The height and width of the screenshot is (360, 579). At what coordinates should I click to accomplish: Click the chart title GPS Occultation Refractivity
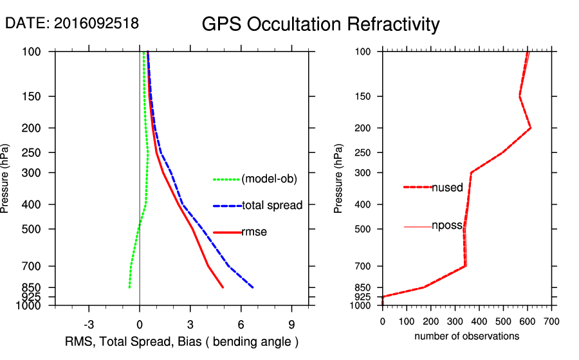click(x=320, y=24)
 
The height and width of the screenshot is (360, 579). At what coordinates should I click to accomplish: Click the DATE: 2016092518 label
click(x=72, y=23)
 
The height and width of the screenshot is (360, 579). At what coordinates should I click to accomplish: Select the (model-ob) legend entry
click(x=269, y=179)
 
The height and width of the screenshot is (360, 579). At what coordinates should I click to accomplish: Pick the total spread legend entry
click(x=272, y=206)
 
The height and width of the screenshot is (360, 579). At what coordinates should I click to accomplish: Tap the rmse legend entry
click(x=253, y=232)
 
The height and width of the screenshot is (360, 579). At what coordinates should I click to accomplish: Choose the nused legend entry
click(x=447, y=188)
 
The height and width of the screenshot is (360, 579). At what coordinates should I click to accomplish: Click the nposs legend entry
click(x=447, y=227)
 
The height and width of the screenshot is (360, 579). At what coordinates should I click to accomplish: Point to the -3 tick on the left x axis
click(x=89, y=324)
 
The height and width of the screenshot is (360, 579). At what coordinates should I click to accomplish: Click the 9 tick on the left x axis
click(x=291, y=324)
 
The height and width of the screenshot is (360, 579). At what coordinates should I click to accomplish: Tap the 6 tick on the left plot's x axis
click(x=241, y=324)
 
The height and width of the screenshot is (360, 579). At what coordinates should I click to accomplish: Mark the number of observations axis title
click(x=466, y=336)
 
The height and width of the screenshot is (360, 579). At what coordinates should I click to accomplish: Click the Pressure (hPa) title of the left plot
click(x=6, y=178)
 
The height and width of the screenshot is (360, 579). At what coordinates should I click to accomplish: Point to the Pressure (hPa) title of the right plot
click(x=339, y=178)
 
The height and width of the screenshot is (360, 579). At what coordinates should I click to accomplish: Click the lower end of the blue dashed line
click(x=253, y=287)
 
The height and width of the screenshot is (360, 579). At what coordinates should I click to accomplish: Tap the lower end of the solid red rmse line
click(x=223, y=287)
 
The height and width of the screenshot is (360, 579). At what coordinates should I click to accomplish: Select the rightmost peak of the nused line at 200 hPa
click(x=531, y=128)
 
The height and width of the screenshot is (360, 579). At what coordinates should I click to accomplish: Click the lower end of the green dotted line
click(x=129, y=287)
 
